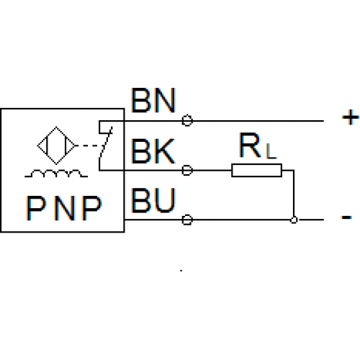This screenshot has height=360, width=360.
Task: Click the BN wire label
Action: tap(153, 100)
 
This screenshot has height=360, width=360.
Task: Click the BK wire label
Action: tap(153, 151)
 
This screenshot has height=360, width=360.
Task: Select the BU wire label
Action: tap(153, 200)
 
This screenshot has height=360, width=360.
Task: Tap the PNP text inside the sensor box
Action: tap(63, 208)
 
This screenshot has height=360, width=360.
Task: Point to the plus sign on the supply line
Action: tap(351, 117)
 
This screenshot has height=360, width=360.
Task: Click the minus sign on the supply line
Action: tap(346, 217)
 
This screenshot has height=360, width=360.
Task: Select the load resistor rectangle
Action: tap(256, 171)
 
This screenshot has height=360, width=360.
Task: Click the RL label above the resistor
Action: tap(258, 145)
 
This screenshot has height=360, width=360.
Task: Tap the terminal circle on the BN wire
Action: tap(187, 120)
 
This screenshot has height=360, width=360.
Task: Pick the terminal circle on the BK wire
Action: tap(187, 171)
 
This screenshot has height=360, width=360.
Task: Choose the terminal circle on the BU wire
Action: tap(187, 220)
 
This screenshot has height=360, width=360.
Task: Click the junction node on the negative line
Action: tap(294, 220)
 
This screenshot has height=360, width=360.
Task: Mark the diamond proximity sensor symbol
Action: tap(56, 145)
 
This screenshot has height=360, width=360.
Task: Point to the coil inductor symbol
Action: tap(56, 174)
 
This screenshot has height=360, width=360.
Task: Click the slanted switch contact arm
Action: tap(106, 143)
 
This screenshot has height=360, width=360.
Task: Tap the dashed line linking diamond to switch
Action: tap(89, 145)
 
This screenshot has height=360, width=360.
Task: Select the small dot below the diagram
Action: tap(181, 271)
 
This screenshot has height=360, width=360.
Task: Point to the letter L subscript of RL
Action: tap(271, 151)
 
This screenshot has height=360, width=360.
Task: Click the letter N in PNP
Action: tap(64, 208)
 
